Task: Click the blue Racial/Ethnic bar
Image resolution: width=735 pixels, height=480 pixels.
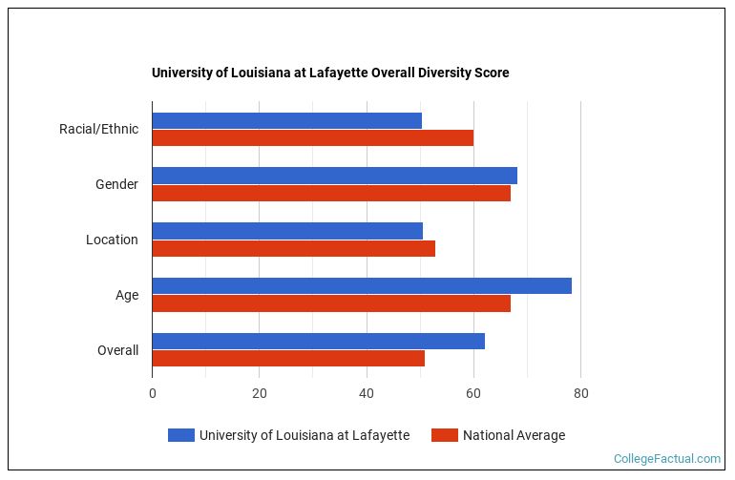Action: click(286, 120)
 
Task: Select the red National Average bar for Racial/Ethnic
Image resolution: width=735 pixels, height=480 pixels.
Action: click(312, 137)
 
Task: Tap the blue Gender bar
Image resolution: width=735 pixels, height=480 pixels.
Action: click(334, 176)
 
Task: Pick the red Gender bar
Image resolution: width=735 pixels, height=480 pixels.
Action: click(331, 193)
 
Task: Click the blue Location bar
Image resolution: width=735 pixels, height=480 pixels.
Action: click(287, 231)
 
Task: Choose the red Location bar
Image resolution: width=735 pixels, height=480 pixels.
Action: click(293, 248)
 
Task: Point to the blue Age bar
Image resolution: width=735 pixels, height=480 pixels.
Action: click(362, 286)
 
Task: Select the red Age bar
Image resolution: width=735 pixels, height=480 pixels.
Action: click(331, 303)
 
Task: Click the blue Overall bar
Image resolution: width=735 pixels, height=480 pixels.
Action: click(318, 342)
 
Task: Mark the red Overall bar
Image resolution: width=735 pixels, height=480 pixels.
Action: click(288, 359)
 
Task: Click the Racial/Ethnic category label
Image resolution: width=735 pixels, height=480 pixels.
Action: click(98, 129)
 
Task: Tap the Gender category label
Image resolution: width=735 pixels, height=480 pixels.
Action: click(116, 184)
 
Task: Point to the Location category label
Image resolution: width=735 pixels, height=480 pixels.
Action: click(112, 240)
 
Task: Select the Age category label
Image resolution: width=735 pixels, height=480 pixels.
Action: click(127, 295)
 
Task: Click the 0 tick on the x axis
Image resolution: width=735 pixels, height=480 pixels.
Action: click(152, 392)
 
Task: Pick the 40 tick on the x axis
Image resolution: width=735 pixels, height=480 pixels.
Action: click(366, 392)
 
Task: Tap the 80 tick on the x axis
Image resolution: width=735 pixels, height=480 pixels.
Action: click(579, 392)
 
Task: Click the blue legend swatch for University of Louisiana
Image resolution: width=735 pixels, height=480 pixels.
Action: click(181, 435)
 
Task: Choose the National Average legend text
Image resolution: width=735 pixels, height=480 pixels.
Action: click(514, 435)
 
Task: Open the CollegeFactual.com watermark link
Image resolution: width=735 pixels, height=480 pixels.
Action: click(666, 459)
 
